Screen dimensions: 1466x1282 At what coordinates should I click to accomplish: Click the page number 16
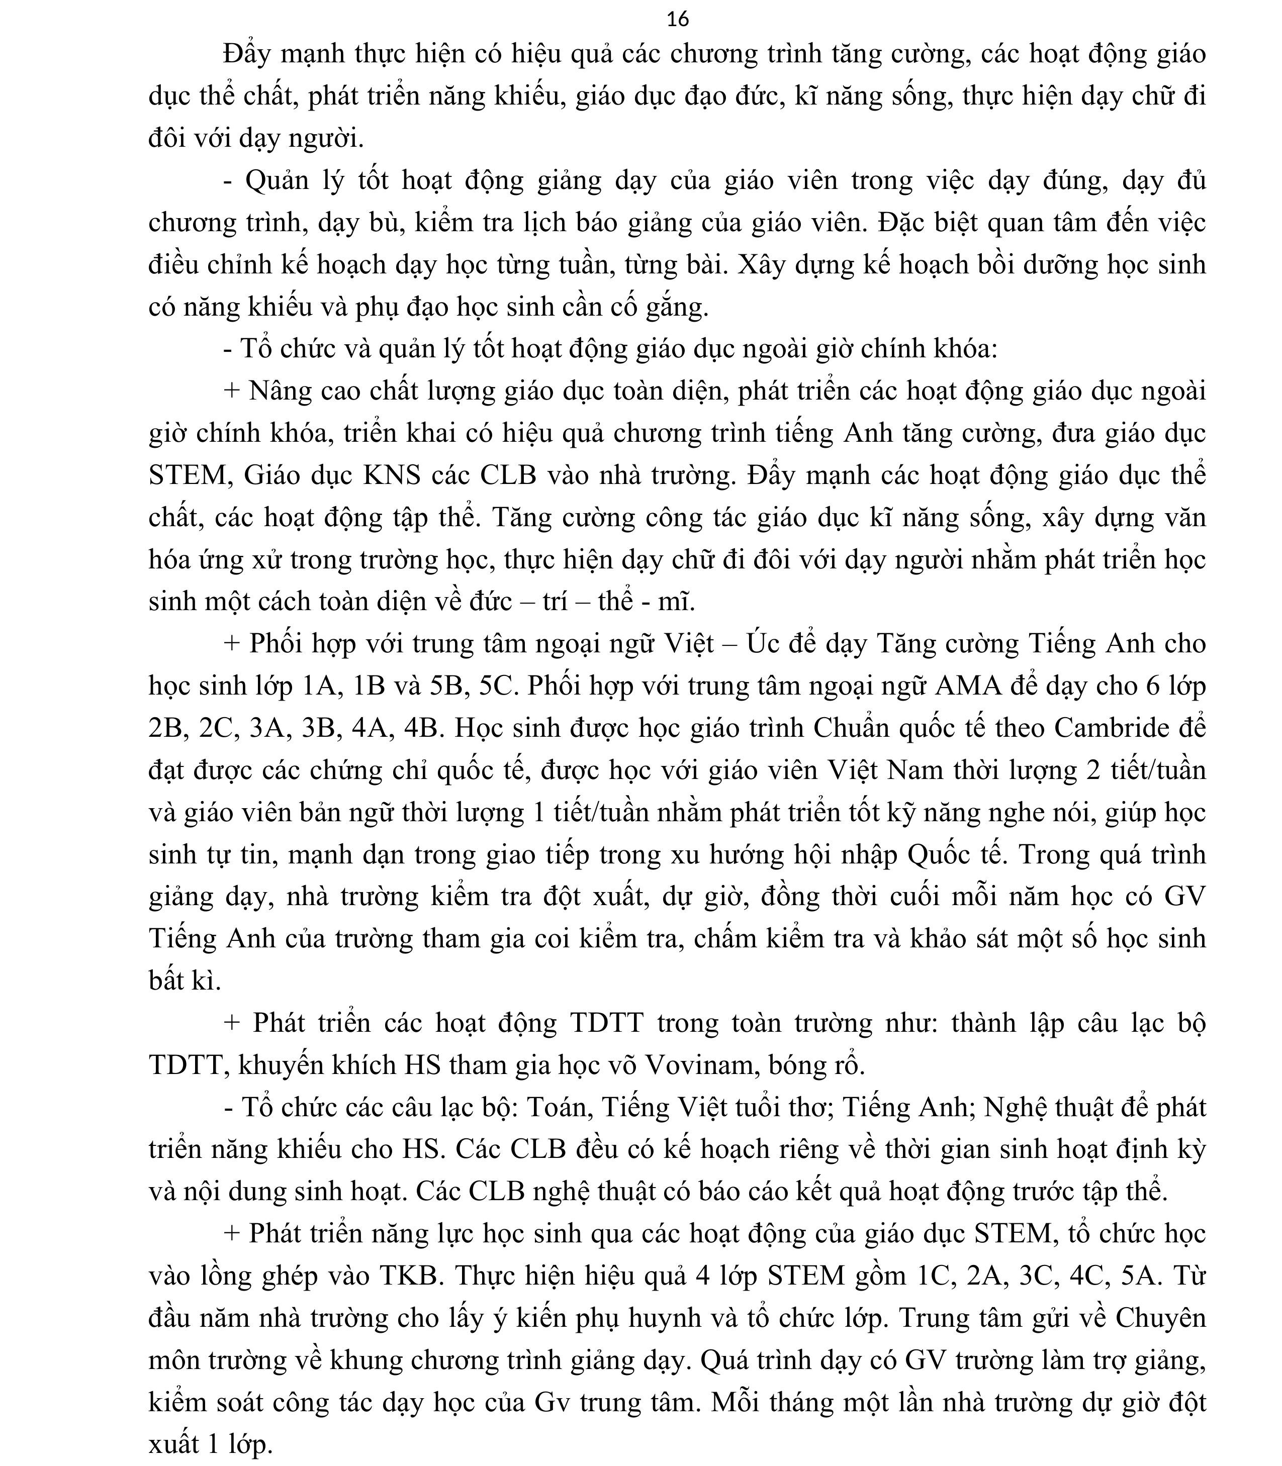point(678,19)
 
